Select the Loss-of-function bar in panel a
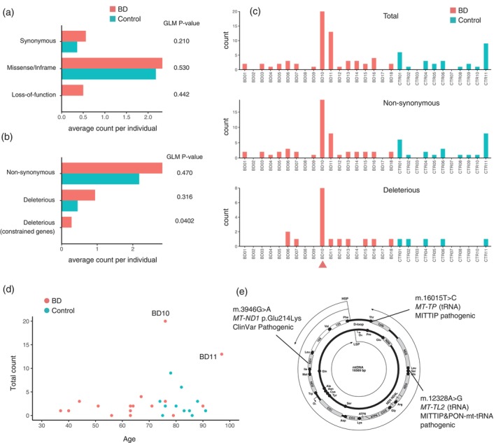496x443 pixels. point(73,90)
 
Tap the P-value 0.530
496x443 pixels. point(183,68)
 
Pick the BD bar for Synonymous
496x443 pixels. point(73,36)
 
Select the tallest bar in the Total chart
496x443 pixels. point(323,40)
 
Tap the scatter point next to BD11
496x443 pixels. point(222,354)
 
